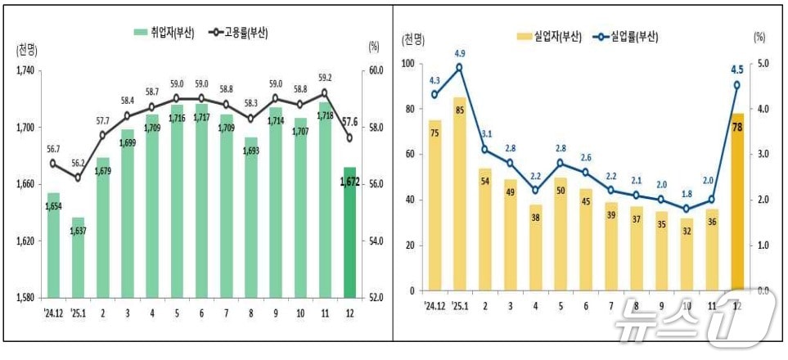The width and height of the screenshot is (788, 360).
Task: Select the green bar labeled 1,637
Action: point(79,257)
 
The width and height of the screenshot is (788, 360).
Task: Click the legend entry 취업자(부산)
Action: point(164,33)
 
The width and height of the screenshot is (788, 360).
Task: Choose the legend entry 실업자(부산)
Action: point(549,36)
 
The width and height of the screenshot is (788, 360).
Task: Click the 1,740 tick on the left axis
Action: point(24,70)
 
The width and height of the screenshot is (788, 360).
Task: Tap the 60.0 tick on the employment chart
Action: point(377,70)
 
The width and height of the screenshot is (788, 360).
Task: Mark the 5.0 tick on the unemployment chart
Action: point(760,63)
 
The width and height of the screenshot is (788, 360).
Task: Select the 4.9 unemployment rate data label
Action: point(459,55)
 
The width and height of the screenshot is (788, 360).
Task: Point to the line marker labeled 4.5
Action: point(737,85)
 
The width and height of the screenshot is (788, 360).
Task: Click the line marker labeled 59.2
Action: point(325,92)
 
